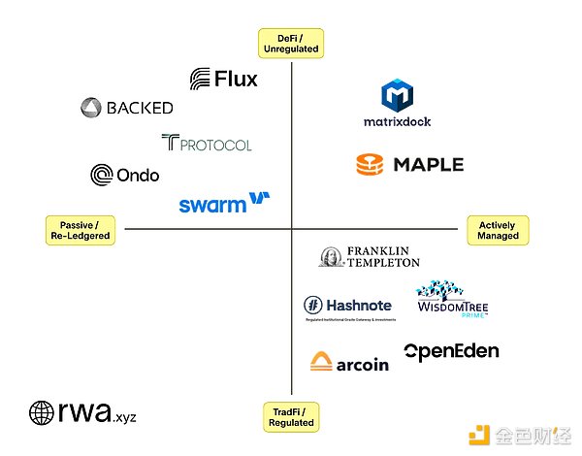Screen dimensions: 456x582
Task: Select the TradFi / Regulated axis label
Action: click(x=291, y=417)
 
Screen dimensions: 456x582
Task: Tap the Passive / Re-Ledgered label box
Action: click(x=80, y=230)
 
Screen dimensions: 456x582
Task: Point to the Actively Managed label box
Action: click(x=498, y=230)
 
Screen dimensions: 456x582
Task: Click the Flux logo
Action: click(x=224, y=79)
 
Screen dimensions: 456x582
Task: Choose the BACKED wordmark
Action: click(x=140, y=108)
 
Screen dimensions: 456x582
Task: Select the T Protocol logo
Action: click(x=207, y=144)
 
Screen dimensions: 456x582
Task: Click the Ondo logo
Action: click(x=125, y=175)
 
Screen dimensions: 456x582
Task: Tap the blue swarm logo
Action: click(x=224, y=203)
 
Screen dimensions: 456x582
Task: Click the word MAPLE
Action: click(x=429, y=165)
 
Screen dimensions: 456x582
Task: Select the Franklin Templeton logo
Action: click(x=369, y=256)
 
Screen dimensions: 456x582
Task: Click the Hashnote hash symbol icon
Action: click(x=312, y=305)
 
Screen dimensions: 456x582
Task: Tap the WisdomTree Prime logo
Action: click(x=452, y=301)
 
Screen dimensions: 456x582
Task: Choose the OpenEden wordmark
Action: click(x=451, y=351)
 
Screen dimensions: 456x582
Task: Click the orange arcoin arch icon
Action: click(x=322, y=363)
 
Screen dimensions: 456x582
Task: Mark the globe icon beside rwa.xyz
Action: click(x=42, y=413)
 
